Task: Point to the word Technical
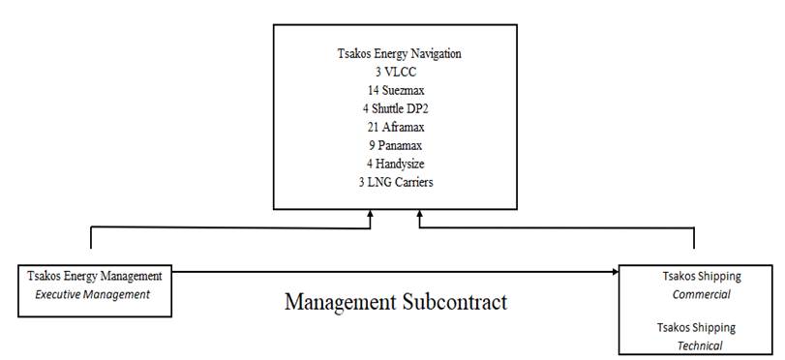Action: pos(700,345)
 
